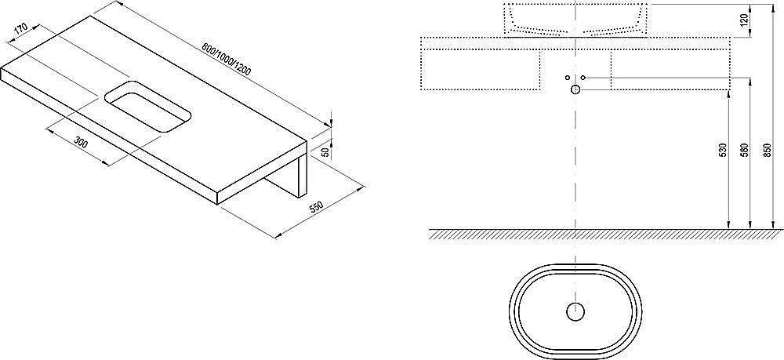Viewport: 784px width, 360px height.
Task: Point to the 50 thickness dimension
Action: (x=325, y=152)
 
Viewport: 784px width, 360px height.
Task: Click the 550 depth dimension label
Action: (x=317, y=207)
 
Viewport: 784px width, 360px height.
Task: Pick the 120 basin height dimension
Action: (x=744, y=20)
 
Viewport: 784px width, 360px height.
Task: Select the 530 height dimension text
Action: (x=721, y=151)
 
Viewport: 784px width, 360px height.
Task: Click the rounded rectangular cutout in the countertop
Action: (x=148, y=106)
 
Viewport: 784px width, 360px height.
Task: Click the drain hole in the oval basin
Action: (x=575, y=311)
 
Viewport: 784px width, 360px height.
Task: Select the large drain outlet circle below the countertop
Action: (x=575, y=89)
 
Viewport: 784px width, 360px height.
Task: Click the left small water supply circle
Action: (x=568, y=78)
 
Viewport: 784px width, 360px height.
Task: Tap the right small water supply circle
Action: (x=583, y=78)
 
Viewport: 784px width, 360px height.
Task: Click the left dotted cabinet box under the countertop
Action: (x=481, y=70)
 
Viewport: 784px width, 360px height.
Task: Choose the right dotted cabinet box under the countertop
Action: (x=670, y=70)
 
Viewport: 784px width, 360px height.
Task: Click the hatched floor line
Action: (x=606, y=234)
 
